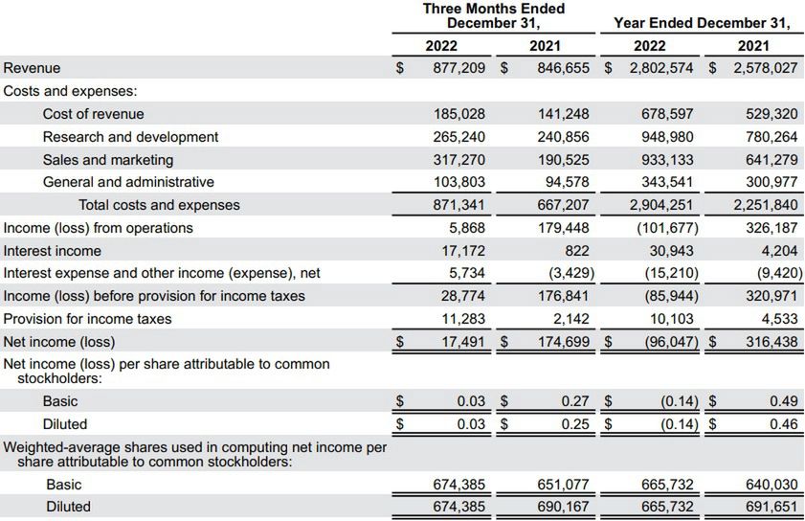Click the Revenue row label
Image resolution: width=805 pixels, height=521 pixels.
tap(32, 68)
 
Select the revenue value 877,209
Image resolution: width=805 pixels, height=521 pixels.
tap(458, 68)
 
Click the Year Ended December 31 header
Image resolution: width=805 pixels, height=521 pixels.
tap(702, 23)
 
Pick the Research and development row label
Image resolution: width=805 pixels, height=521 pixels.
tap(130, 137)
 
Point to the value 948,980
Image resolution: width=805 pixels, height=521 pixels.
tap(667, 137)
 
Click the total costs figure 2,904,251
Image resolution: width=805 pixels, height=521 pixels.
tap(663, 205)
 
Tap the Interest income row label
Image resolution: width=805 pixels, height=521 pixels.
tap(52, 251)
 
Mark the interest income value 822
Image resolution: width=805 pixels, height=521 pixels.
tap(577, 251)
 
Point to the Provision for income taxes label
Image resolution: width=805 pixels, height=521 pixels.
tap(87, 319)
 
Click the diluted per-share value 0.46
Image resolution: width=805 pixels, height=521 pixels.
tap(783, 424)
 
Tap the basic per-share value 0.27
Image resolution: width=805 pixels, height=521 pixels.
tap(574, 401)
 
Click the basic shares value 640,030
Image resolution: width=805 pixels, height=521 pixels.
tap(771, 485)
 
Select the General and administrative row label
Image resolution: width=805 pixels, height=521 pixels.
tap(128, 182)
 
